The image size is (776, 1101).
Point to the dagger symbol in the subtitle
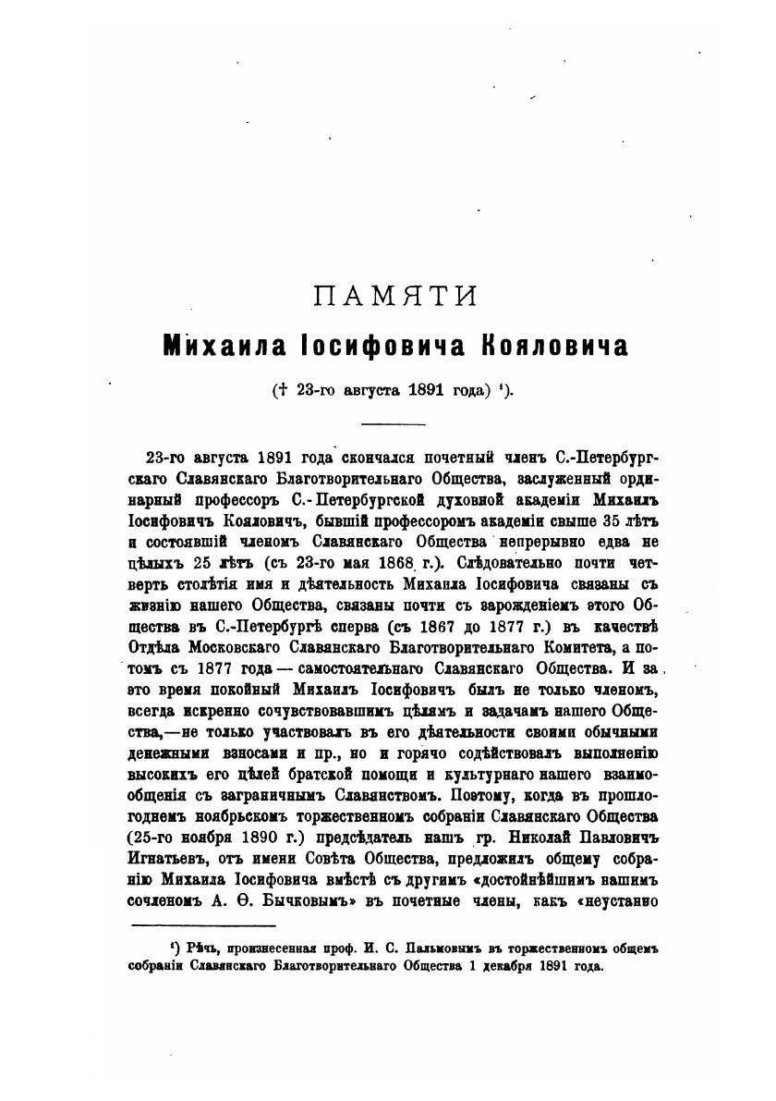(x=278, y=389)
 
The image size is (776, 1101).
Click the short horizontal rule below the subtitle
(x=392, y=424)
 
